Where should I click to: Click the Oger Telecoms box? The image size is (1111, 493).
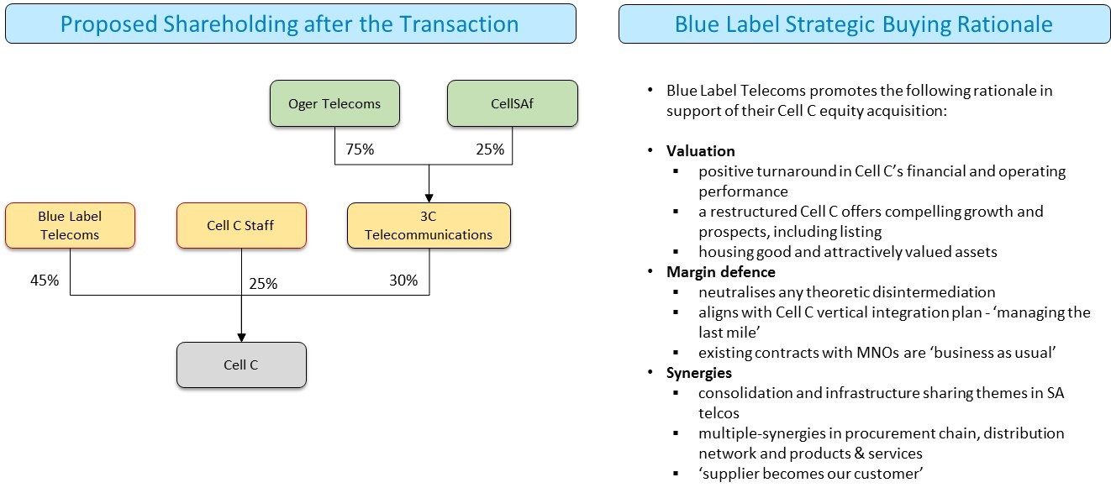point(334,104)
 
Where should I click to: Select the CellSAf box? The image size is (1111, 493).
point(512,104)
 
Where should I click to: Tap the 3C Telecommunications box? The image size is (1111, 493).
point(429,225)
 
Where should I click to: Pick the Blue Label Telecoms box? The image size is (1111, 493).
point(69,225)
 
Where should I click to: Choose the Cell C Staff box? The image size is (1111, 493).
point(240,225)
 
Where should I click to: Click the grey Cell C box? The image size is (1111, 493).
point(241,365)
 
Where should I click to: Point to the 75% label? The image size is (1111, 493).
point(360,149)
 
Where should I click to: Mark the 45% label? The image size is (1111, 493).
point(44,281)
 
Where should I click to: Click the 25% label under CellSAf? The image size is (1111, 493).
point(489,149)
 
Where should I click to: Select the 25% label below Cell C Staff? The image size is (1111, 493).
point(263,283)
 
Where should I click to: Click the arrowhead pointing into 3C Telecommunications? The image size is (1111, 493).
point(429,197)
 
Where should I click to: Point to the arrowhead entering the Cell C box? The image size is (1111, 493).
point(241,338)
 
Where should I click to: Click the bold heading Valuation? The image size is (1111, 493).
point(701,151)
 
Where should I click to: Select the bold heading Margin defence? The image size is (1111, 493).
point(720,272)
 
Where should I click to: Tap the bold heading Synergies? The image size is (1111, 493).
point(699,373)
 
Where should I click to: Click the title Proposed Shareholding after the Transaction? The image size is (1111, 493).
point(290,24)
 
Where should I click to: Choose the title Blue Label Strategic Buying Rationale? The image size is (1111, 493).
point(864,24)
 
